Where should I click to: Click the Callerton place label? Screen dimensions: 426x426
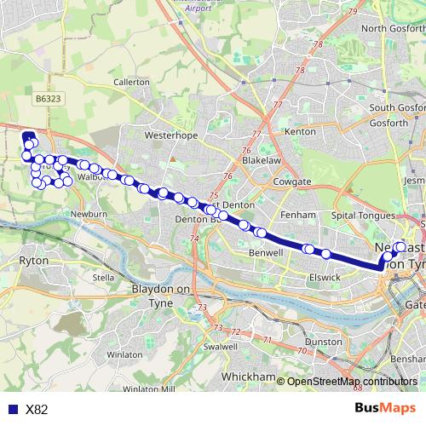pyautogui.click(x=132, y=82)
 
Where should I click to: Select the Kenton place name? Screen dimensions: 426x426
pyautogui.click(x=300, y=132)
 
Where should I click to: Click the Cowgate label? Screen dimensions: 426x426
pyautogui.click(x=292, y=182)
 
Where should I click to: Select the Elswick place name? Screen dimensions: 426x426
pyautogui.click(x=325, y=277)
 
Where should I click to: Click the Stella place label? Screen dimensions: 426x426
pyautogui.click(x=103, y=277)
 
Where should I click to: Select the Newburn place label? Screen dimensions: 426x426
pyautogui.click(x=88, y=214)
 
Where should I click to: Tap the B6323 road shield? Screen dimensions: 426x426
pyautogui.click(x=49, y=100)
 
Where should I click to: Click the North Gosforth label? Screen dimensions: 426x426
pyautogui.click(x=393, y=28)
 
